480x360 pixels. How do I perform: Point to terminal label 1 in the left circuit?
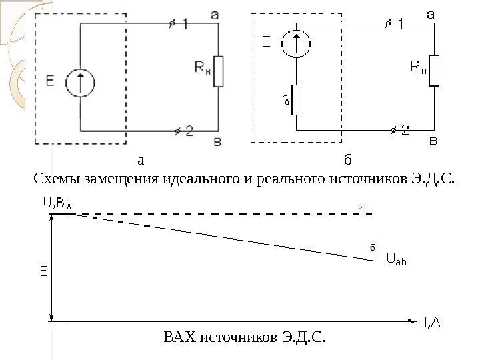click(184, 23)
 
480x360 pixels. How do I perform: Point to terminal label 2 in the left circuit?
click(189, 132)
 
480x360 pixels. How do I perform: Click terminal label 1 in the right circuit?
click(401, 23)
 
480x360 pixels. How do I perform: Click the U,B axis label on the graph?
click(54, 205)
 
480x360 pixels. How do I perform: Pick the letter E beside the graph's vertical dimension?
click(43, 272)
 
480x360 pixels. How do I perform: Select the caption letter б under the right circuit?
click(347, 161)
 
